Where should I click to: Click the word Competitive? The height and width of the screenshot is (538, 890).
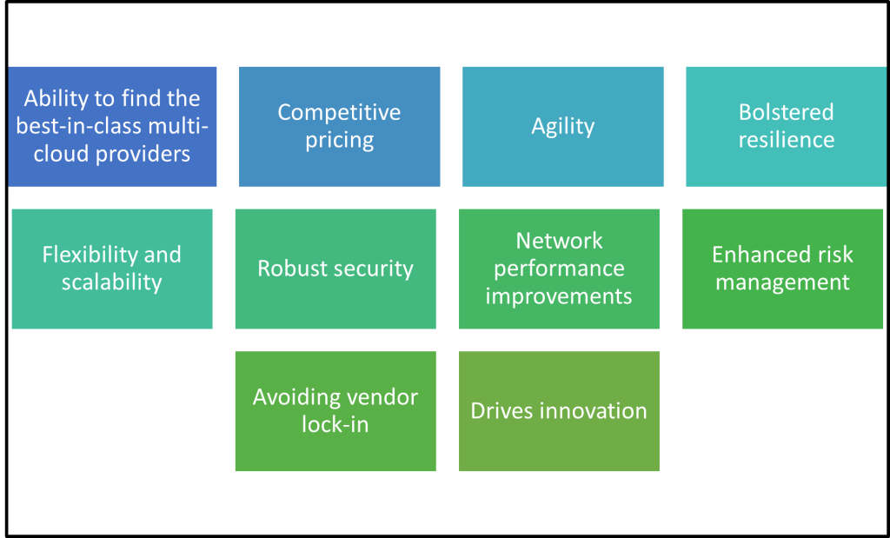pyautogui.click(x=339, y=112)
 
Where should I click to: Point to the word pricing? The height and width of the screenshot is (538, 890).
pyautogui.click(x=339, y=140)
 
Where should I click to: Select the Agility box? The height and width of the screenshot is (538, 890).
pyautogui.click(x=563, y=126)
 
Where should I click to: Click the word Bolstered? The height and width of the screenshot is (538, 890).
pyautogui.click(x=786, y=112)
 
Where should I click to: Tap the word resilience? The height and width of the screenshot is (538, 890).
pyautogui.click(x=786, y=140)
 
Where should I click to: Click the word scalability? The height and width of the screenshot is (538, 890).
pyautogui.click(x=111, y=282)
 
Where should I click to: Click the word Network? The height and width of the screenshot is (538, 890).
pyautogui.click(x=559, y=240)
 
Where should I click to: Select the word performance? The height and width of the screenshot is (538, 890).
pyautogui.click(x=559, y=268)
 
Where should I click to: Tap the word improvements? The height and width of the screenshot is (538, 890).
pyautogui.click(x=559, y=296)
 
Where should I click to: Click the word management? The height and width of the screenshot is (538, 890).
pyautogui.click(x=782, y=282)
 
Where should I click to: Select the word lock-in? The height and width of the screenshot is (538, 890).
pyautogui.click(x=335, y=425)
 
